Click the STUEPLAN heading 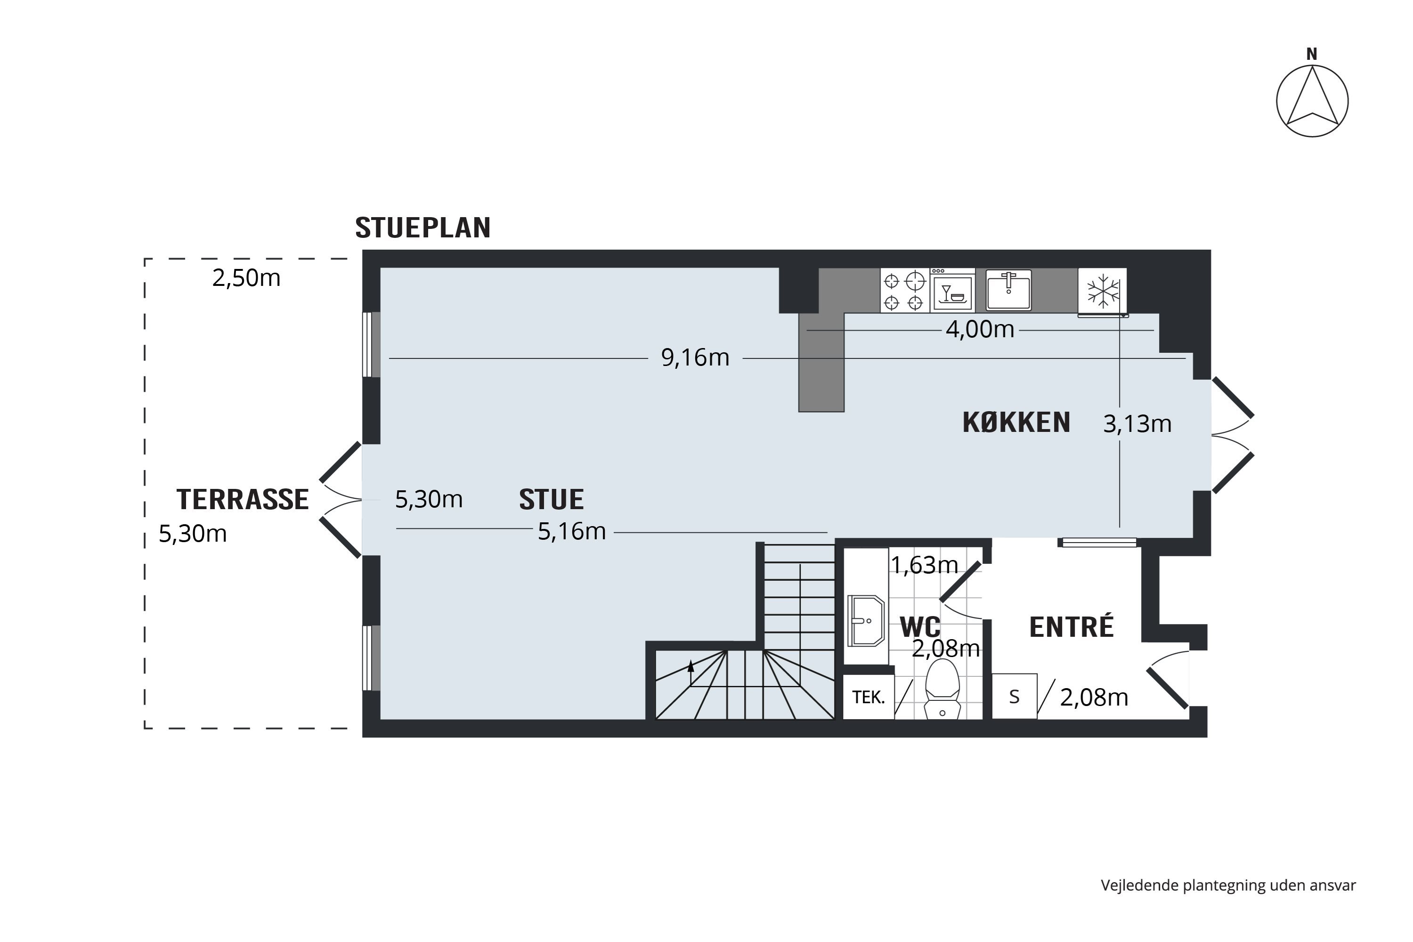(423, 227)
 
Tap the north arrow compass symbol (1312, 101)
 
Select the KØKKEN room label (1016, 422)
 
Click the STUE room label (551, 499)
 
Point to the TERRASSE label (242, 499)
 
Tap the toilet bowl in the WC (942, 689)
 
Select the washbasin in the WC (866, 621)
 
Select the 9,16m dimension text (695, 358)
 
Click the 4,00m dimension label (979, 330)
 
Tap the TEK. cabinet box (868, 698)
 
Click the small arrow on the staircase (691, 666)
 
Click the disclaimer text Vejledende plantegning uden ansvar (1228, 885)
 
